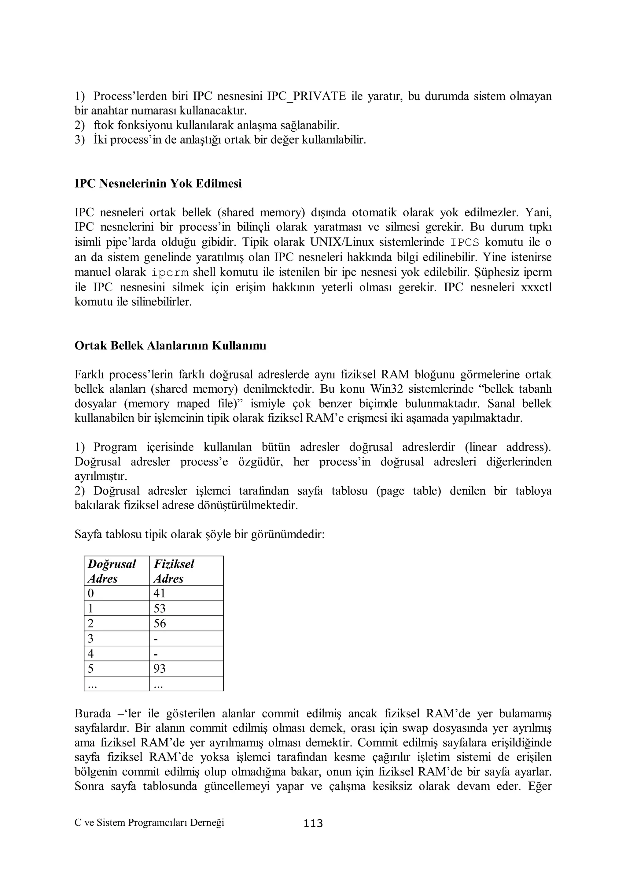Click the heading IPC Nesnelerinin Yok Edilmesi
coord(158,183)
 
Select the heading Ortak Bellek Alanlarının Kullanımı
coord(170,345)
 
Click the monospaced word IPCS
coord(465,243)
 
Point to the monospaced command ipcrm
coord(170,273)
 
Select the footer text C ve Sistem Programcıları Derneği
coord(149,823)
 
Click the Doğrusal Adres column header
coord(112,571)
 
